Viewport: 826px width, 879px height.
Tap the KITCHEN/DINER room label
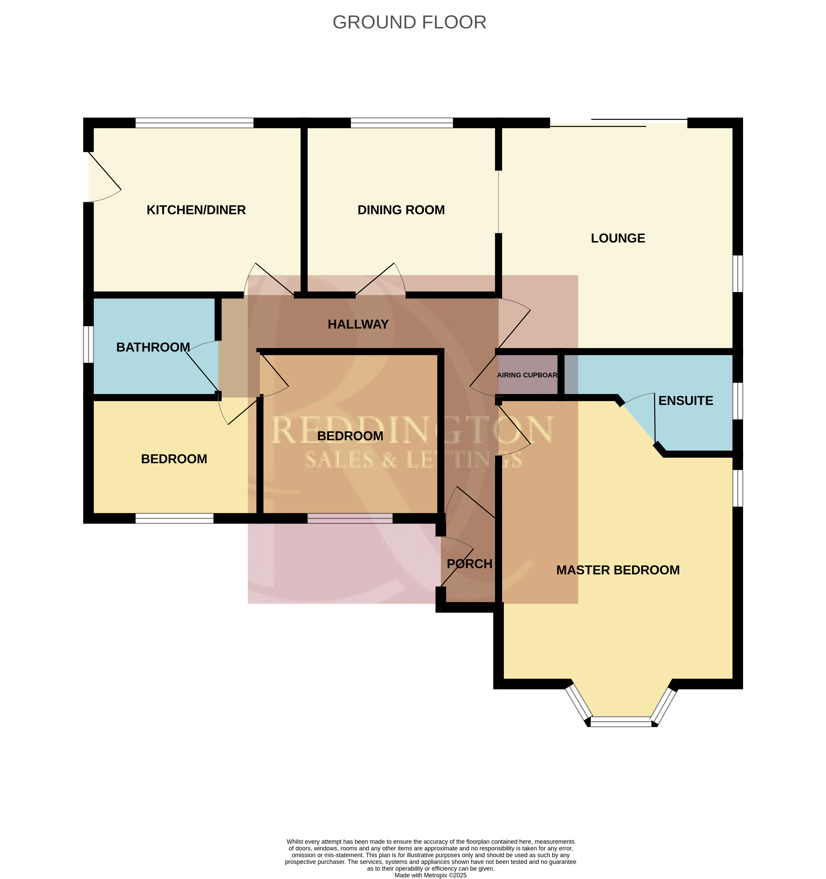[x=196, y=210]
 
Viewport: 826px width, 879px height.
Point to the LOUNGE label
[x=618, y=238]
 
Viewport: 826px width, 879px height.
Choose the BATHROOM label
[x=153, y=348]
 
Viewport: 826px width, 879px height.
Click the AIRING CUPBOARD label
[x=527, y=375]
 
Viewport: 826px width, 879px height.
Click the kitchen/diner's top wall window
[x=194, y=123]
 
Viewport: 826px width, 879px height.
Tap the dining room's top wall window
[x=402, y=123]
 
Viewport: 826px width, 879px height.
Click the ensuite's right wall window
[x=738, y=401]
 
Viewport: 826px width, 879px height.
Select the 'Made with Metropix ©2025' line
[x=431, y=875]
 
